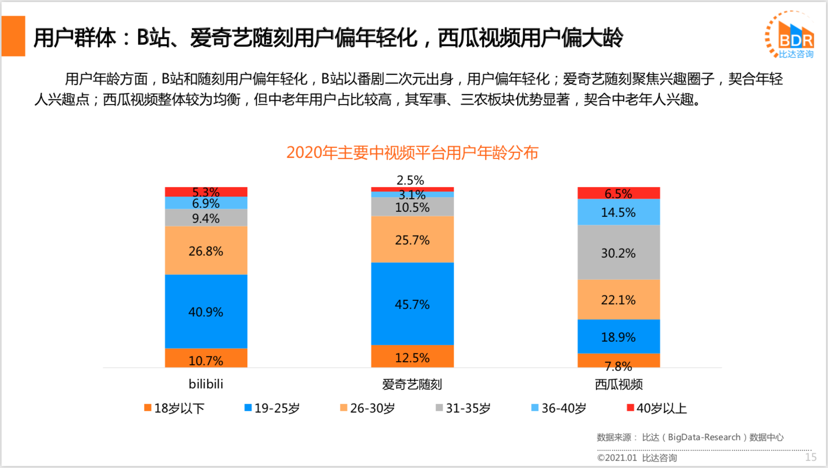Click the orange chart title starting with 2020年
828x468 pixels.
(412, 152)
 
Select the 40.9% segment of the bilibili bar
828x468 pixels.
(206, 311)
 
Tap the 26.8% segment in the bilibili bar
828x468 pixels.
(206, 251)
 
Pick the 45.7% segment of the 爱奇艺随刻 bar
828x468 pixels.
(412, 304)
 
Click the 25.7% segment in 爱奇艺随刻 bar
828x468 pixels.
(412, 240)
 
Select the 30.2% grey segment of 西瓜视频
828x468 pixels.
(618, 253)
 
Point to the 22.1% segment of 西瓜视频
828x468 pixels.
(618, 300)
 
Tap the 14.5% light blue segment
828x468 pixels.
(618, 212)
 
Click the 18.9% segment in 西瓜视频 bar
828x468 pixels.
(618, 337)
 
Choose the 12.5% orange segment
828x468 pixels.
(412, 357)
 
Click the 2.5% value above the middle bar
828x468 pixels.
(410, 180)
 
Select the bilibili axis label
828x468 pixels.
(206, 384)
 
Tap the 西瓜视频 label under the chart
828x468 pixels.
(618, 384)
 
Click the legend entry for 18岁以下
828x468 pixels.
(174, 408)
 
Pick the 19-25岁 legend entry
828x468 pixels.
(272, 408)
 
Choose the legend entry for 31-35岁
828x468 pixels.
(463, 408)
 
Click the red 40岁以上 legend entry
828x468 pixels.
(657, 408)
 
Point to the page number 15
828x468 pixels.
(810, 457)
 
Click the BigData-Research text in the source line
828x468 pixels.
(704, 437)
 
